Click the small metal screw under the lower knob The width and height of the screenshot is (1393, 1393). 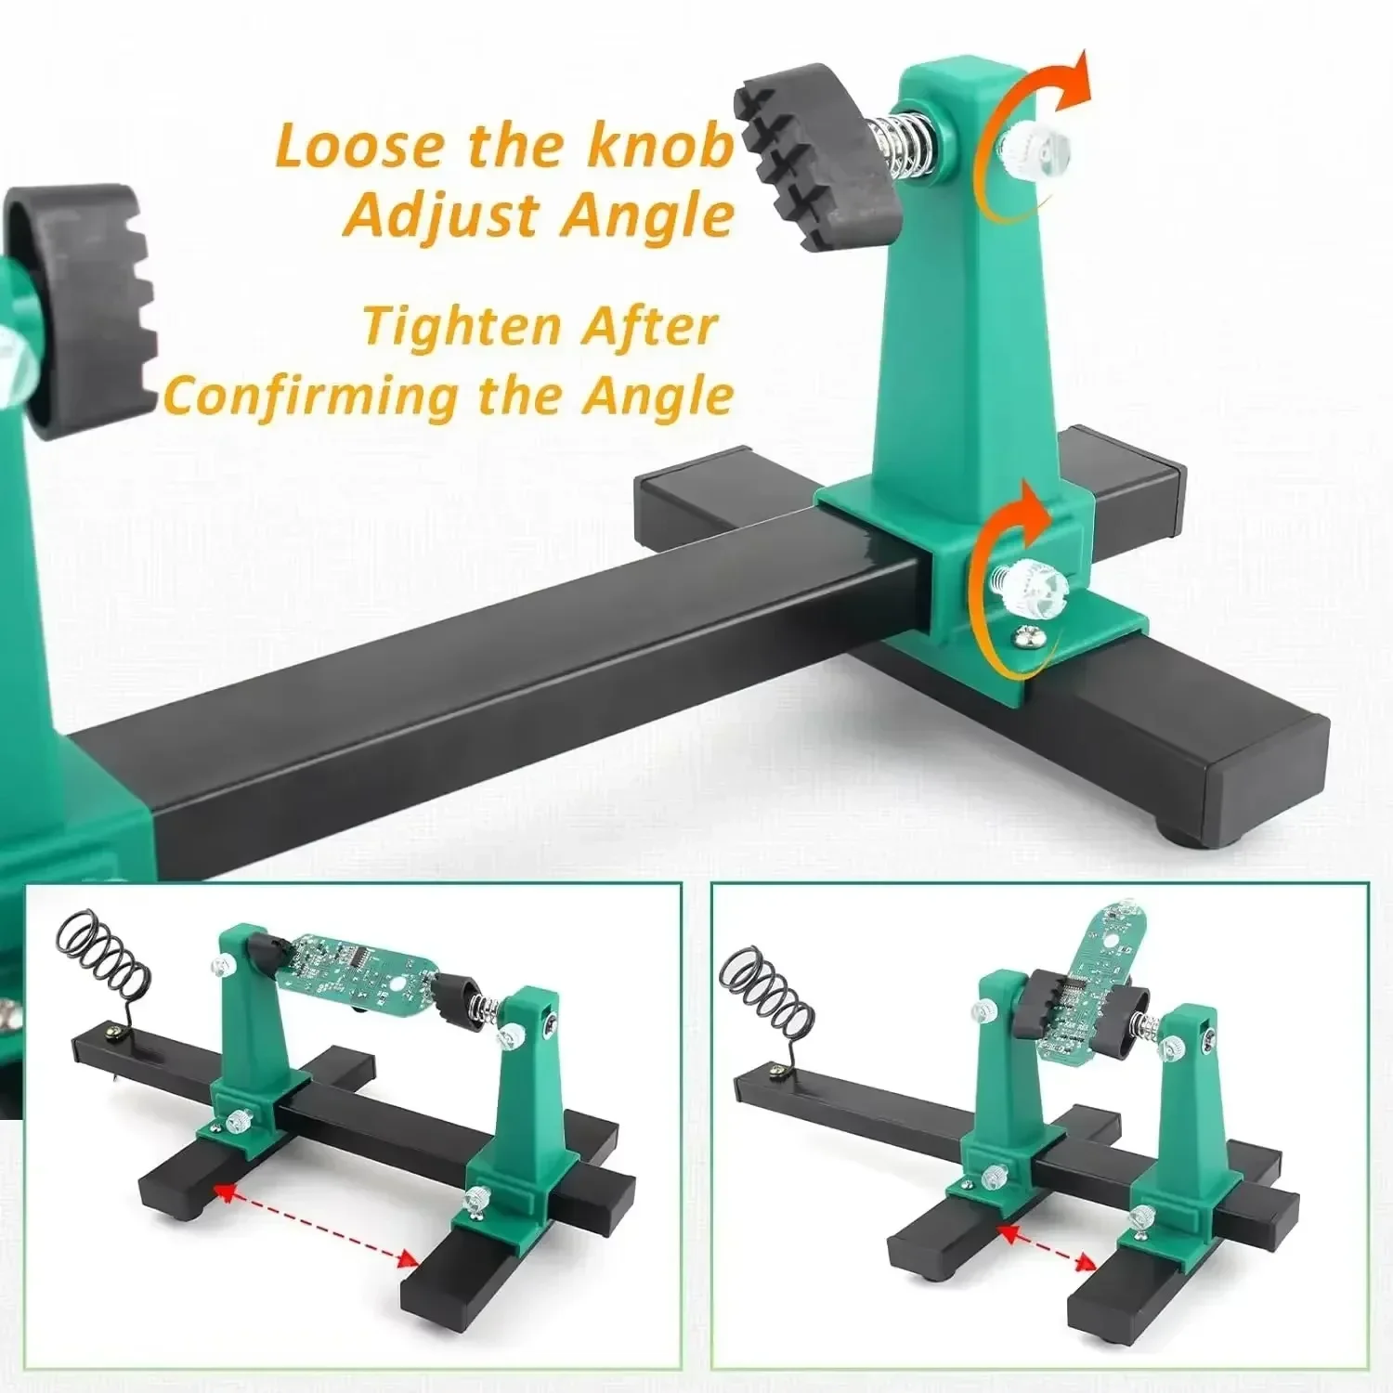click(x=1024, y=637)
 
